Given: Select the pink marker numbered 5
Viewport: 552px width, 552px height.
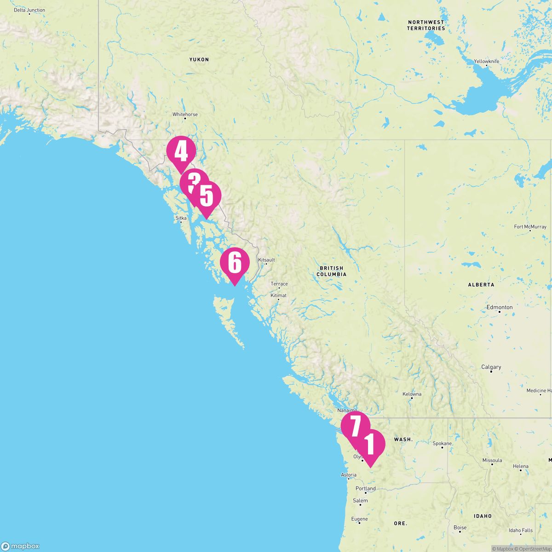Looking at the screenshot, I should pos(207,197).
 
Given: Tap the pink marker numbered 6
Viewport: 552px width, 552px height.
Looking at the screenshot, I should pos(235,263).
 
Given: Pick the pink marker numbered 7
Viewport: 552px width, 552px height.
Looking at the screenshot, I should pos(355,426).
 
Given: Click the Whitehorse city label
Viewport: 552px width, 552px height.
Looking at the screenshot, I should pos(185,115).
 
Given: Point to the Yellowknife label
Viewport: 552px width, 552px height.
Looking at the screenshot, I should pos(487,61).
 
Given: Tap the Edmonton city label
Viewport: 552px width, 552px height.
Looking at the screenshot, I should pos(500,307).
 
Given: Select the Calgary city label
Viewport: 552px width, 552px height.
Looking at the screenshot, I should pos(491,367).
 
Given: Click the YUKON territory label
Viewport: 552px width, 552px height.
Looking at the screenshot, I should pos(199,60).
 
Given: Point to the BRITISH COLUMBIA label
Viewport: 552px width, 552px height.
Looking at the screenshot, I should pos(331,271).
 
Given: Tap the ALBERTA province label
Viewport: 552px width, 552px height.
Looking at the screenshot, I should pos(481,285).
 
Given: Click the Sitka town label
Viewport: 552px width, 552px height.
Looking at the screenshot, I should pos(181,218).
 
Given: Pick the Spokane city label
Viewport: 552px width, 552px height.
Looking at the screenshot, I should pos(442,444).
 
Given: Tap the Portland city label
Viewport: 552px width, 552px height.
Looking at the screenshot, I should pos(366,489).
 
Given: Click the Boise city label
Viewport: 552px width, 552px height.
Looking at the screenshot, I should pos(460,528).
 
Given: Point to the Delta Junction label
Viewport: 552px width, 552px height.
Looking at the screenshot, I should pos(29,10).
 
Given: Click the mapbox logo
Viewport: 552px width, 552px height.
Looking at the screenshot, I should pos(20,546).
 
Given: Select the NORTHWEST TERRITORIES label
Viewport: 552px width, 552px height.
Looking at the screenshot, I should pos(426,25).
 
